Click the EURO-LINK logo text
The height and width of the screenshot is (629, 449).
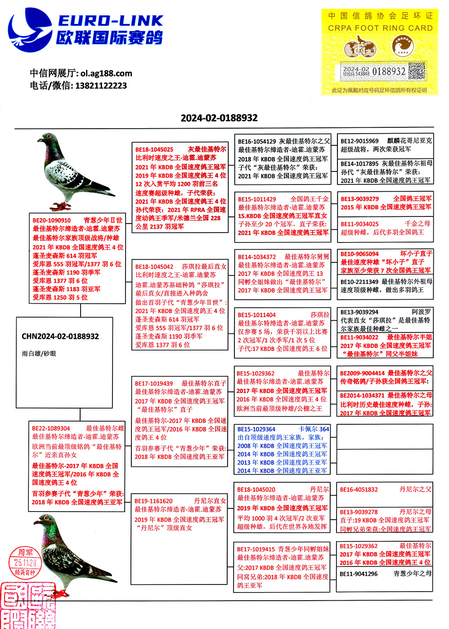point(110,21)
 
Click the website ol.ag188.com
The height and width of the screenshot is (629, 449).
point(106,73)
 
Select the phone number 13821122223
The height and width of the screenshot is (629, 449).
point(101,85)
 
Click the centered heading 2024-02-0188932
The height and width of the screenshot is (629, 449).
point(219,118)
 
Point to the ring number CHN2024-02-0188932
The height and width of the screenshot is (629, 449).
point(60,336)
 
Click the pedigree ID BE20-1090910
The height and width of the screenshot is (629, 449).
point(52,220)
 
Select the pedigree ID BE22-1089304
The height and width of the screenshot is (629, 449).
point(51,428)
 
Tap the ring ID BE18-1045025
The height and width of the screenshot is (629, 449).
point(154,149)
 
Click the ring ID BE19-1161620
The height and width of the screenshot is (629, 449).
point(153,501)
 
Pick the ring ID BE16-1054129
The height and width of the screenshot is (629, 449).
point(257,141)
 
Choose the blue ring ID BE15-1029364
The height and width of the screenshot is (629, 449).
point(256,429)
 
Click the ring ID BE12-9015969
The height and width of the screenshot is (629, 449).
point(359,141)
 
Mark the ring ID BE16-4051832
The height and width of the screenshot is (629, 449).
point(359,490)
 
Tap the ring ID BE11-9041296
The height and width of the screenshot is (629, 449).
point(359,574)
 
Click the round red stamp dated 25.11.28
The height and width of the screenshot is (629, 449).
point(25,562)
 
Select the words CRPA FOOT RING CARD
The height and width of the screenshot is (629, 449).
point(380,28)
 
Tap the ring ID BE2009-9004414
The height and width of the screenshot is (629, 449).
point(362,373)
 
